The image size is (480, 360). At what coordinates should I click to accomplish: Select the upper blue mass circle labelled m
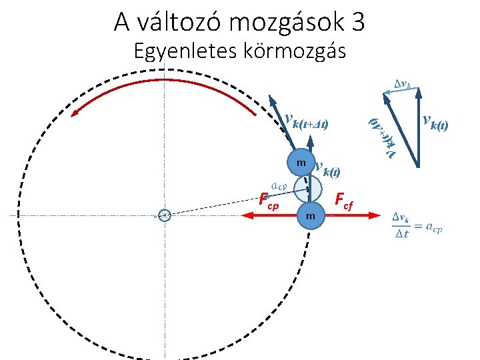point(301,163)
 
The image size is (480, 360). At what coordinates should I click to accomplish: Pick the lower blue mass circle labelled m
point(310,215)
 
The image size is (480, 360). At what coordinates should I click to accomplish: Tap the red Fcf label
point(347,199)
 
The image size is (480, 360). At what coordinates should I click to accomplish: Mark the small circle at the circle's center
point(165,215)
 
